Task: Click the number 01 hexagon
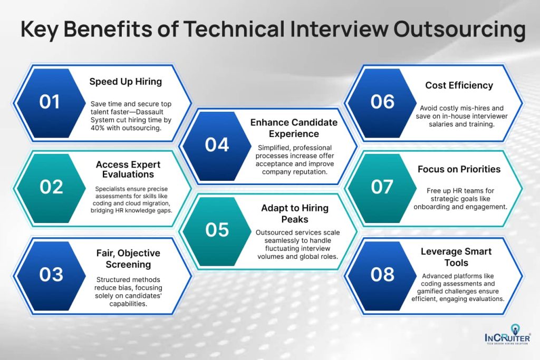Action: point(50,102)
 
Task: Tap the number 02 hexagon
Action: point(51,187)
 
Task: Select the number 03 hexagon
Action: point(51,274)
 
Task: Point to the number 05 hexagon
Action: point(217,230)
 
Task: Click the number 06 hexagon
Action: point(382,102)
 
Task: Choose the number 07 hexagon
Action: point(382,187)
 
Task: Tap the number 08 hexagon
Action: point(382,274)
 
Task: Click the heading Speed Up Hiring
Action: point(126,82)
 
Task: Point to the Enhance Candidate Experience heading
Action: point(294,128)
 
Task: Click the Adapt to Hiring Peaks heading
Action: point(294,213)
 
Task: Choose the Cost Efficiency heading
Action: point(459,85)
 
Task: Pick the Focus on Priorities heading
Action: point(459,170)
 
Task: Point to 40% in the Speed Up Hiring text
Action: point(100,128)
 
